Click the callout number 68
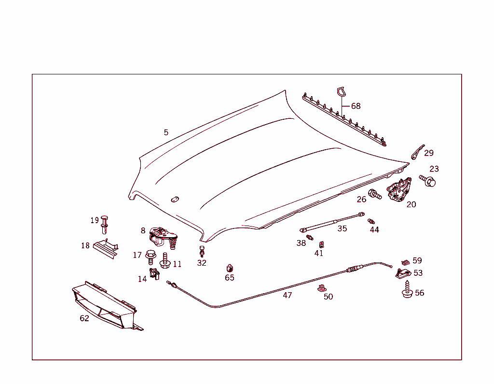tap(356, 106)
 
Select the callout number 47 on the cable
tap(287, 295)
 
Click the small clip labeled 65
tap(230, 268)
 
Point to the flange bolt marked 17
tap(151, 256)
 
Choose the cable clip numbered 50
tap(321, 289)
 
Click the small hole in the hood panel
tap(175, 199)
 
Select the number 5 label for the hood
tap(166, 132)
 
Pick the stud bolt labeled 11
tap(165, 261)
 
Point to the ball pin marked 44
tap(371, 221)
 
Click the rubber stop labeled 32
tap(202, 252)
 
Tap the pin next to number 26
tap(374, 195)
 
